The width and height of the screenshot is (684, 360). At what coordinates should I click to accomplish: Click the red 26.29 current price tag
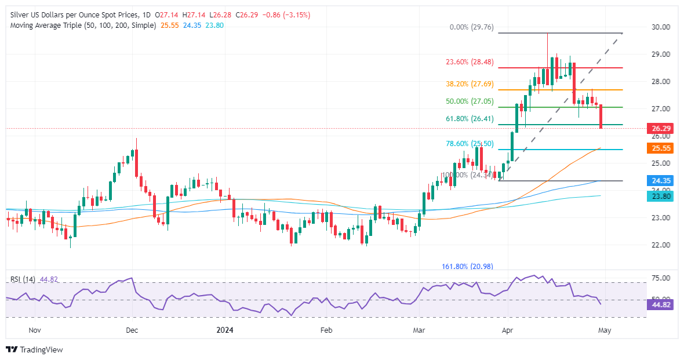[658, 128]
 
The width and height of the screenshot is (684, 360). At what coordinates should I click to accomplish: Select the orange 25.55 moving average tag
[658, 148]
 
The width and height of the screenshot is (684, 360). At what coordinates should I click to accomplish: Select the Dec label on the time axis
[131, 331]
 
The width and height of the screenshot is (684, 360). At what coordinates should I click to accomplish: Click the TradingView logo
[35, 350]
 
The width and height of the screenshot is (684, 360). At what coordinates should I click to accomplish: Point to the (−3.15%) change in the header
[297, 15]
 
